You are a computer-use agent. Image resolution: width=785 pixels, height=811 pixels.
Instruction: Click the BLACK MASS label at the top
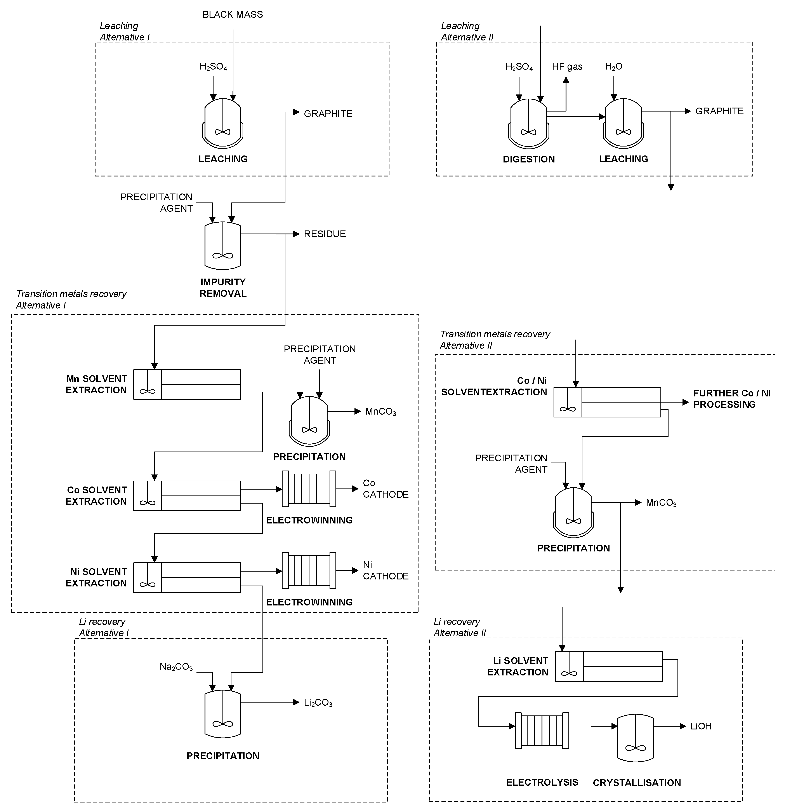[x=233, y=14]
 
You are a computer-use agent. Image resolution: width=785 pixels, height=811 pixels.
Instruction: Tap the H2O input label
[x=613, y=67]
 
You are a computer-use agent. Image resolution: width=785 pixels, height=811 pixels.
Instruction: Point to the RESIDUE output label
[x=325, y=234]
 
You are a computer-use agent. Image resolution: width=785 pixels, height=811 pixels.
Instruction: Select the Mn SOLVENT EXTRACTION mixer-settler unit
[x=187, y=384]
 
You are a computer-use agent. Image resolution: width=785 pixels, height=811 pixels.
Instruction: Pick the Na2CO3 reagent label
[x=176, y=667]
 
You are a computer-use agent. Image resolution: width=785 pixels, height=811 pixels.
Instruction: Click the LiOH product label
[x=701, y=726]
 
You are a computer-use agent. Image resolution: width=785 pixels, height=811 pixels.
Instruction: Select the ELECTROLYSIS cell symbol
[x=542, y=730]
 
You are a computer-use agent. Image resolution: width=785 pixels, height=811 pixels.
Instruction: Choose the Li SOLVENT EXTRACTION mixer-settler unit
[x=608, y=667]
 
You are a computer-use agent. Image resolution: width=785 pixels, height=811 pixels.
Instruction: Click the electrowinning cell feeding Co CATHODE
[x=309, y=489]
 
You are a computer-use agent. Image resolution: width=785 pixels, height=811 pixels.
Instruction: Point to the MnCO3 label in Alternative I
[x=380, y=412]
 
